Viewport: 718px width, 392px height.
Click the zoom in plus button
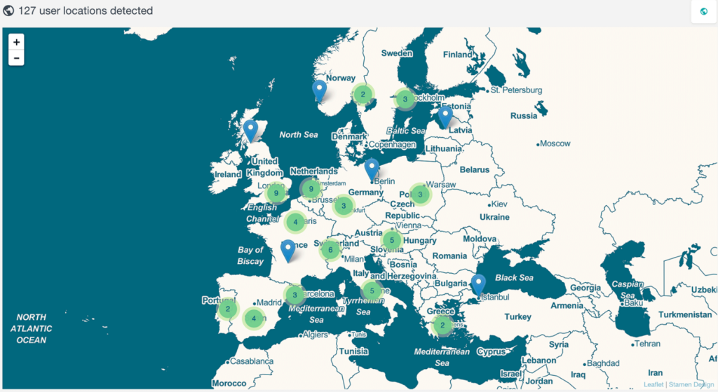tap(16, 42)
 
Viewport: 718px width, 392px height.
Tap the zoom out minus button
tap(16, 57)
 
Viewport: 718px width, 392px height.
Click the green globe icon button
tap(704, 12)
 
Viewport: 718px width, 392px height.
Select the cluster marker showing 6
tap(330, 250)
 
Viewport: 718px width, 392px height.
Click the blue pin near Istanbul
tap(478, 284)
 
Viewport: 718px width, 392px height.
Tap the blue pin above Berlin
tap(372, 169)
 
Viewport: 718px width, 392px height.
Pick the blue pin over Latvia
tap(445, 116)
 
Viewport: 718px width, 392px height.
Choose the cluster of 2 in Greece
tap(442, 325)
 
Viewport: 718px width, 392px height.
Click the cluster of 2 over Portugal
tap(228, 309)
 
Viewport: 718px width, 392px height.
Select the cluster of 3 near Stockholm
tap(405, 99)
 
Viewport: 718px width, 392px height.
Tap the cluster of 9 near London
tap(277, 193)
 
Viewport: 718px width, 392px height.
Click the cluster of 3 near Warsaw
tap(420, 194)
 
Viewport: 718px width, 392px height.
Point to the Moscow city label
tap(556, 143)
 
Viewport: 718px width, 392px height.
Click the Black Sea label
tap(515, 278)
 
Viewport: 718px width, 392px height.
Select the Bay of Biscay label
tap(250, 255)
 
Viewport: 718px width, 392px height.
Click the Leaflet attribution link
tap(652, 384)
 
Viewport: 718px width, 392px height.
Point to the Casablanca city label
tap(251, 361)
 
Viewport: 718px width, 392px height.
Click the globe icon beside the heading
tap(9, 11)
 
